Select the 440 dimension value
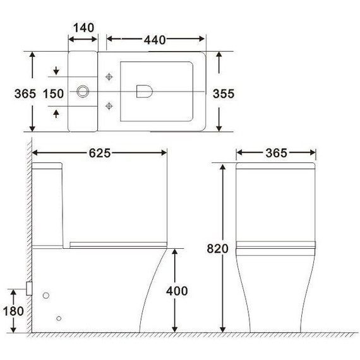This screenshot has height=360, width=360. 154,40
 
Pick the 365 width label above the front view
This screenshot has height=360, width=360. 275,153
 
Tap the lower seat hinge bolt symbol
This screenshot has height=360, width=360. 110,105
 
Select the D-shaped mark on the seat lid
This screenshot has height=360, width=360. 143,92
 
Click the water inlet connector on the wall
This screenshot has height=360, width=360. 29,287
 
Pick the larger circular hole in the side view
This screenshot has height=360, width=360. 45,295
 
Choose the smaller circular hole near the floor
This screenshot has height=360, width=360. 59,318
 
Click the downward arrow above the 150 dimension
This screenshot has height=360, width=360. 57,70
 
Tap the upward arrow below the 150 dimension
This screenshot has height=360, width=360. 57,114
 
